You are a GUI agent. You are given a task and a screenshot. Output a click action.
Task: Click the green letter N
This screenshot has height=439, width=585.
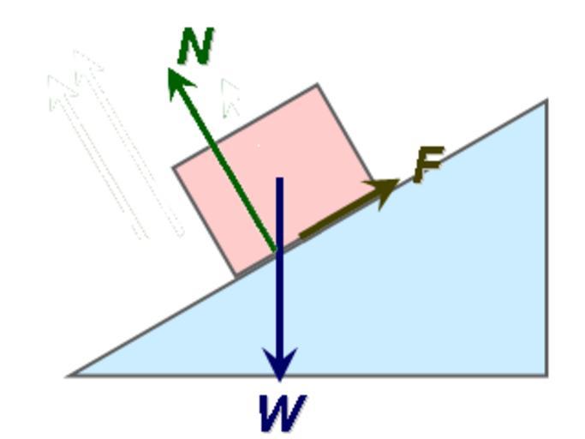pos(195,47)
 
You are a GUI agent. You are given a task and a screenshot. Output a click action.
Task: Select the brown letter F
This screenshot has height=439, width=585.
pos(427,165)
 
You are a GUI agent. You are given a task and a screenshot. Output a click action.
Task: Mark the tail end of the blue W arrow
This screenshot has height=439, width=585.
pos(279,179)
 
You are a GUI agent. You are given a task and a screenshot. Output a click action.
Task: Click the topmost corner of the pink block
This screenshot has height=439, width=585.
pos(318,84)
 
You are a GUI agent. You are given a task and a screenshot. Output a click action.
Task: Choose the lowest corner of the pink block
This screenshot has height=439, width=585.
pos(236,276)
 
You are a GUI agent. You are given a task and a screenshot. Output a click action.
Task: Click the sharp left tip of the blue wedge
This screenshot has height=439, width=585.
pos(70,375)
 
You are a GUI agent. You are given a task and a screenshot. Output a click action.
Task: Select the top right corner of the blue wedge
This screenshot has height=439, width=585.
pos(546,101)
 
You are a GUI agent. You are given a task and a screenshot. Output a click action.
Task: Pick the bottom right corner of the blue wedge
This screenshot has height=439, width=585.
pos(546,375)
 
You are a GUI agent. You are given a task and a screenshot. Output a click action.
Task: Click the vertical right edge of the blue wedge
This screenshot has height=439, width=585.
pos(546,240)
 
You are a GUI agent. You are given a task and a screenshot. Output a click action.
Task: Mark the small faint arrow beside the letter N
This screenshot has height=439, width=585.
pos(229,97)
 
